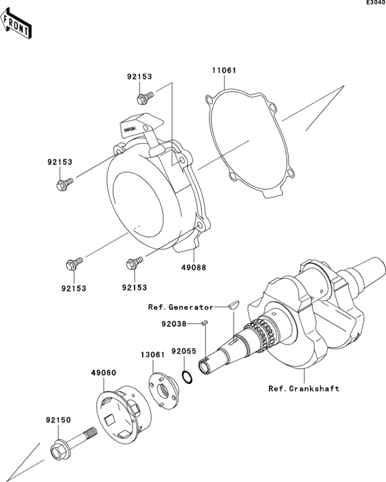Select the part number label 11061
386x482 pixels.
coord(225,70)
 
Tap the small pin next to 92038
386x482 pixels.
coord(204,322)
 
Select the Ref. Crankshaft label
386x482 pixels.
coord(304,388)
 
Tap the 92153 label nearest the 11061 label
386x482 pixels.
coord(139,77)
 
